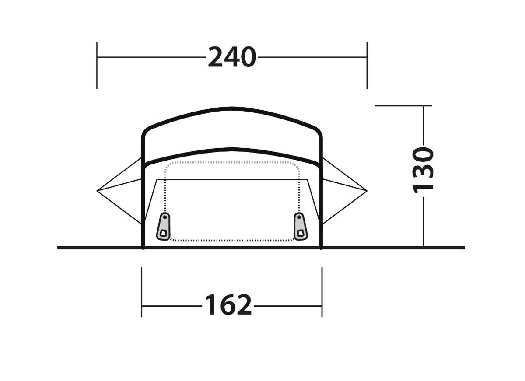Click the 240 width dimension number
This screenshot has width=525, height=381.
pyautogui.click(x=232, y=57)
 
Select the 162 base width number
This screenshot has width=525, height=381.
pyautogui.click(x=228, y=304)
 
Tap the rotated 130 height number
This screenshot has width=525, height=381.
pyautogui.click(x=423, y=170)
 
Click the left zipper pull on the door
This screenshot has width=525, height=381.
pyautogui.click(x=163, y=227)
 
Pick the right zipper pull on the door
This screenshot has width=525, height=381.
pyautogui.click(x=301, y=227)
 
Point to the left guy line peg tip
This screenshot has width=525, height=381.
pyautogui.click(x=97, y=191)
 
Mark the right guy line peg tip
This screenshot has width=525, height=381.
pyautogui.click(x=367, y=191)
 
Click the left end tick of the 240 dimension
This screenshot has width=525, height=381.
pyautogui.click(x=97, y=66)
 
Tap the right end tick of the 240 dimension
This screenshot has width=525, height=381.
pyautogui.click(x=367, y=66)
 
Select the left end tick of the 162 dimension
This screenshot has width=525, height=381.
pyautogui.click(x=142, y=292)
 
